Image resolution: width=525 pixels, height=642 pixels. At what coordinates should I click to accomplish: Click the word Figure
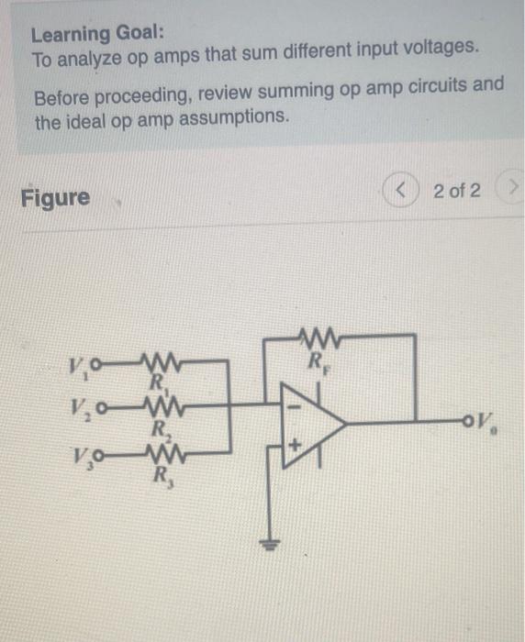pyautogui.click(x=56, y=197)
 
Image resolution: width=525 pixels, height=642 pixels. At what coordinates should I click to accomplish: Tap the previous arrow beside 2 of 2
pyautogui.click(x=401, y=191)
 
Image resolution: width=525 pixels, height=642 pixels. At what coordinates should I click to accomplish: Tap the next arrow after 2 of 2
pyautogui.click(x=509, y=191)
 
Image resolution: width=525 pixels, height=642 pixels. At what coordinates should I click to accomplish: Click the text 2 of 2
pyautogui.click(x=456, y=191)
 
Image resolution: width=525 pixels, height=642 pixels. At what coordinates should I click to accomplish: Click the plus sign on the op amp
pyautogui.click(x=294, y=447)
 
